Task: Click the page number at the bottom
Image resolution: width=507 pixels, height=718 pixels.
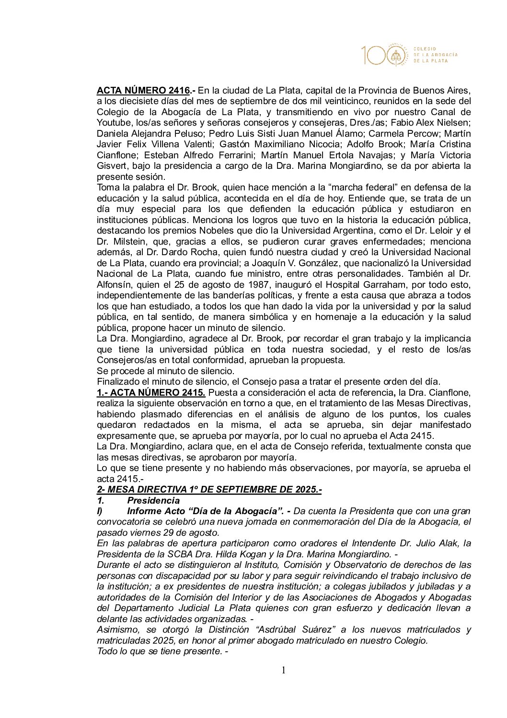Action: pos(283,670)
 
